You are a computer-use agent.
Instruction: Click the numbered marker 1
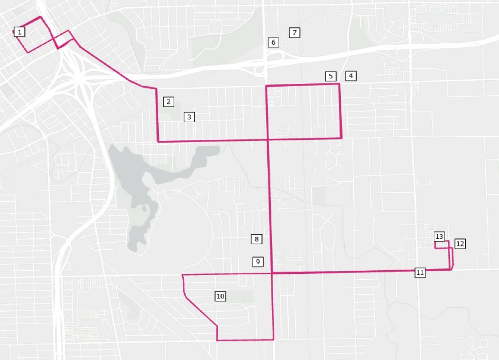click(x=20, y=32)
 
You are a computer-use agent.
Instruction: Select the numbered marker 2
click(x=168, y=102)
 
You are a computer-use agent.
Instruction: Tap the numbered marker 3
click(x=190, y=117)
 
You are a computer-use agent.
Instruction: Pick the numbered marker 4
click(x=350, y=76)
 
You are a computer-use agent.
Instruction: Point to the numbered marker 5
click(x=331, y=76)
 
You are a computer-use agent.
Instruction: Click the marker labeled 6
click(x=273, y=42)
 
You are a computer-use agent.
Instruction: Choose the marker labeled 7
click(x=295, y=32)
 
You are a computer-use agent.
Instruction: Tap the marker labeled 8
click(x=257, y=239)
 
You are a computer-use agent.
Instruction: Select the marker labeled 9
click(x=258, y=262)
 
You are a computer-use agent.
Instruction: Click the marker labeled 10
click(x=220, y=296)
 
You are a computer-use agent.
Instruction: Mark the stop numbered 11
click(x=420, y=273)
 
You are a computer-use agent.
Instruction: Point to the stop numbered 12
click(x=460, y=243)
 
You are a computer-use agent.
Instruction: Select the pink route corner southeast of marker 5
click(x=341, y=138)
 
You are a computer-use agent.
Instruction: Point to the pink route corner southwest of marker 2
click(x=158, y=141)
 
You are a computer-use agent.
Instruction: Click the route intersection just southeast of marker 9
click(x=272, y=273)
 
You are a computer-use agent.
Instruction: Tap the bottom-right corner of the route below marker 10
click(x=273, y=339)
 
